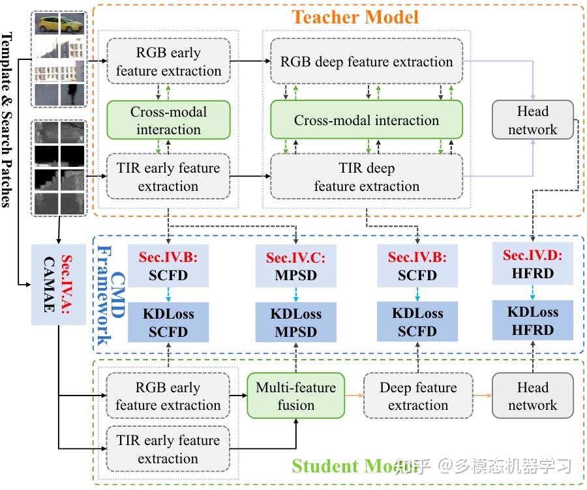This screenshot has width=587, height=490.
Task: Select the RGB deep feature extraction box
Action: [366, 62]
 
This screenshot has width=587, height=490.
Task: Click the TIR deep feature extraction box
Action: [366, 177]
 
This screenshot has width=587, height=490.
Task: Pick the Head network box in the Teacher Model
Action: [532, 121]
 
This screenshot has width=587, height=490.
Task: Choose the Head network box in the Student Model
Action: [532, 396]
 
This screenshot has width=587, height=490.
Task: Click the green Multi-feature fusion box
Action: [295, 396]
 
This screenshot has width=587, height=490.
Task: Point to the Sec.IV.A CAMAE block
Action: [58, 284]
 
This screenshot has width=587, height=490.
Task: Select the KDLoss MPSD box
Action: [296, 323]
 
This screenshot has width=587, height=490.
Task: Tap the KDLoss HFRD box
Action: [532, 321]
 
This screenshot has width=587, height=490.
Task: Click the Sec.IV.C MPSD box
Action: [296, 267]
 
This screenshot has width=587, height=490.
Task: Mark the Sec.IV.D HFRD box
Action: [532, 265]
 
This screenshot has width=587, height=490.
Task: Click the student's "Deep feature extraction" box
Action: [418, 396]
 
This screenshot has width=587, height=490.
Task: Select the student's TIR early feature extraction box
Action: [168, 449]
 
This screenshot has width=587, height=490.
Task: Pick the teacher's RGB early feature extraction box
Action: [168, 62]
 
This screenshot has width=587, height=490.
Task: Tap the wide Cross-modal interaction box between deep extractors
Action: [366, 121]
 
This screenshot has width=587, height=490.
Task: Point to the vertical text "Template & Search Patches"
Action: [9, 117]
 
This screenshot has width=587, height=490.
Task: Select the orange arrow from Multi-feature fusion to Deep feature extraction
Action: [354, 396]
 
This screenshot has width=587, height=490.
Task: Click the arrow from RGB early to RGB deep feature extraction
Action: [250, 61]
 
